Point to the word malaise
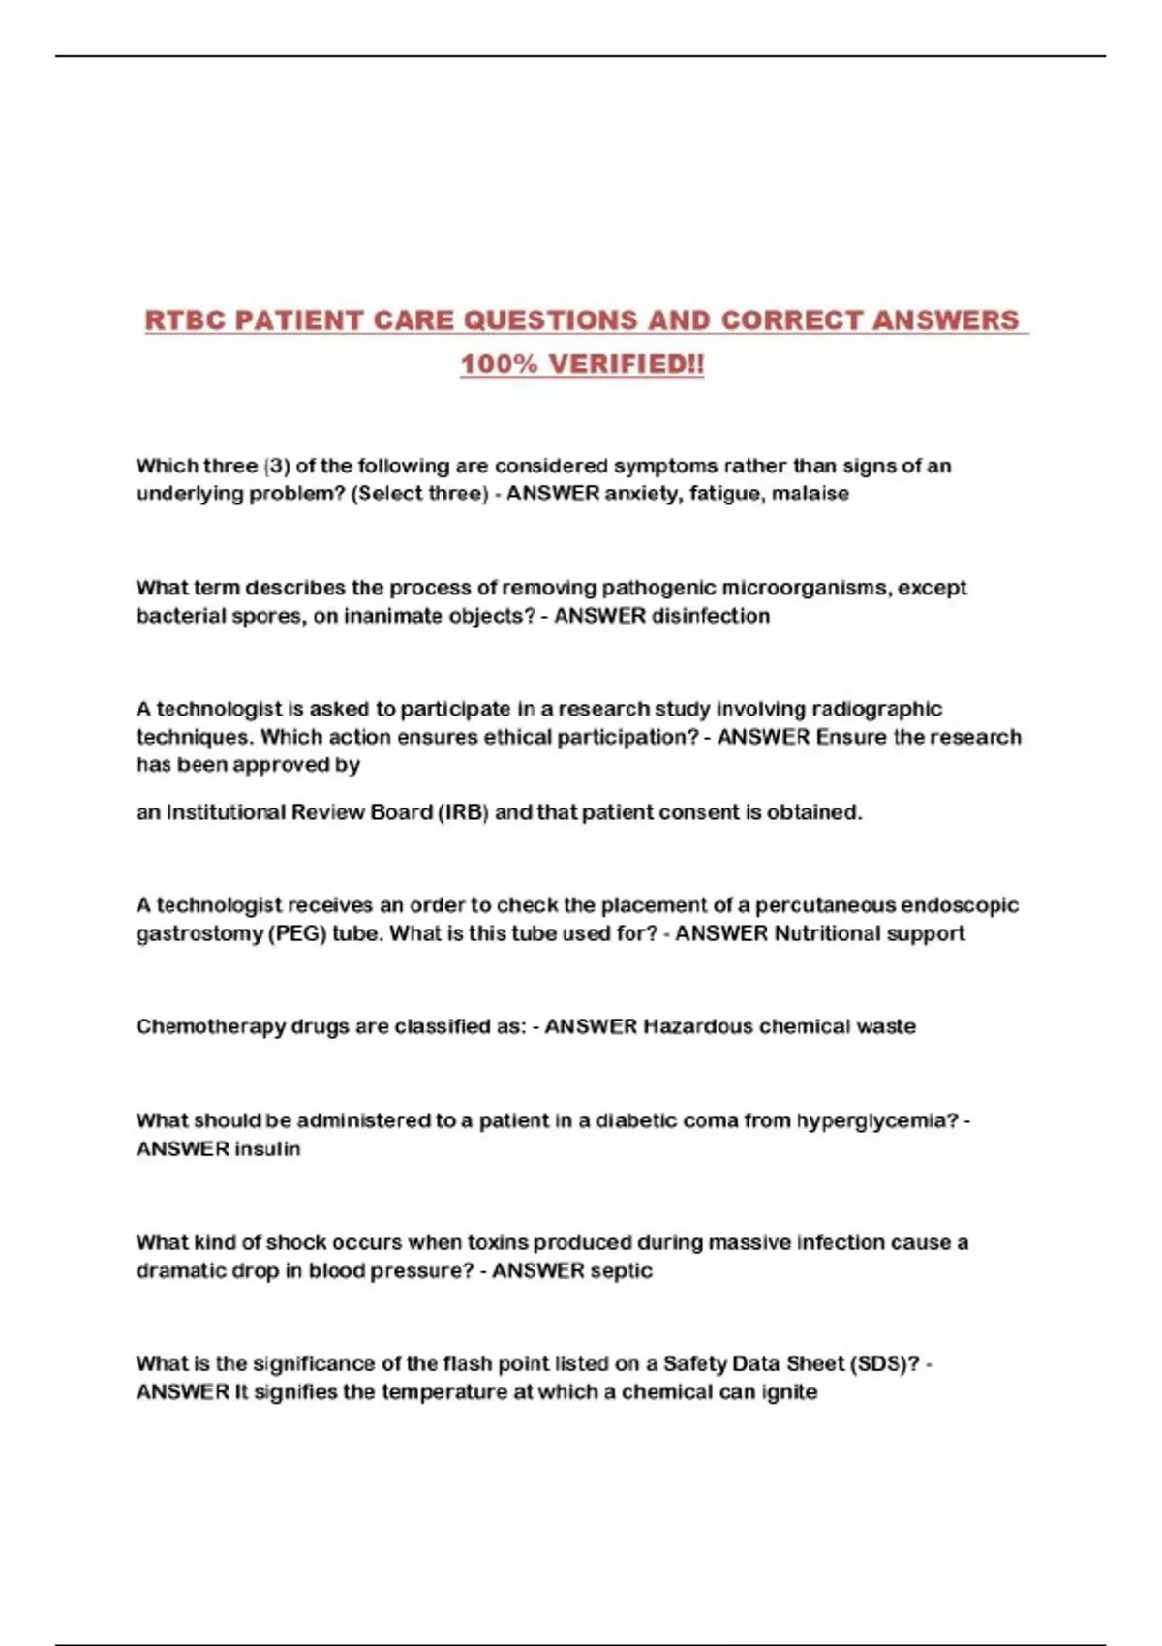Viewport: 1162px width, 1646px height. pyautogui.click(x=810, y=494)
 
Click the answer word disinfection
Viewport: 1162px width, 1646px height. pyautogui.click(x=711, y=616)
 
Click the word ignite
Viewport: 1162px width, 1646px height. pyautogui.click(x=790, y=1392)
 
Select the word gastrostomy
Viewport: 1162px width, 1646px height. pyautogui.click(x=199, y=934)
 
